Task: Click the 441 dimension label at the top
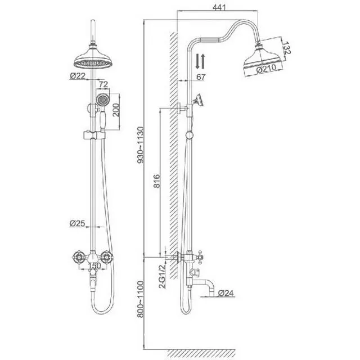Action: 219,7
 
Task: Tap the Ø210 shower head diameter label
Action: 266,68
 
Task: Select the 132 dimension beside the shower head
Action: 286,48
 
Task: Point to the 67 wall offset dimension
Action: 201,77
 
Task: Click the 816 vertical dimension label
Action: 156,181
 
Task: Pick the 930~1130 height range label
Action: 140,145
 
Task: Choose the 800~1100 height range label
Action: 140,299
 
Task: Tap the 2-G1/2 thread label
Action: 162,276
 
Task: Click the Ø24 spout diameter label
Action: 226,292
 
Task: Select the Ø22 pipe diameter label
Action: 78,75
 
